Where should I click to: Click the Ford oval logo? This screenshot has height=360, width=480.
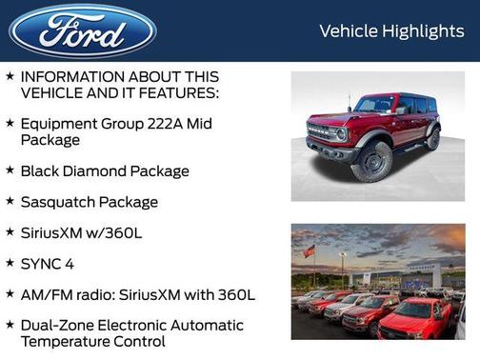tap(83, 30)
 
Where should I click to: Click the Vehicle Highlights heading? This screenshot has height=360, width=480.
tap(391, 31)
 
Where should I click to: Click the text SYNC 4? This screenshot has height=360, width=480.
tap(49, 263)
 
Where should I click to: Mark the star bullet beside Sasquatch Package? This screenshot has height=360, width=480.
tap(10, 201)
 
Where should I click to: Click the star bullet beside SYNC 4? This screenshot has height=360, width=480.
tap(10, 262)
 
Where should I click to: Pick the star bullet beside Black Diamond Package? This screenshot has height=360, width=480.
tap(10, 170)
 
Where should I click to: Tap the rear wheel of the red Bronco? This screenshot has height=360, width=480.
tap(433, 139)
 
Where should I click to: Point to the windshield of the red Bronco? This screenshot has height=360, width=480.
tap(375, 105)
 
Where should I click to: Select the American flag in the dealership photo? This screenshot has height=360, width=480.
tap(309, 251)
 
